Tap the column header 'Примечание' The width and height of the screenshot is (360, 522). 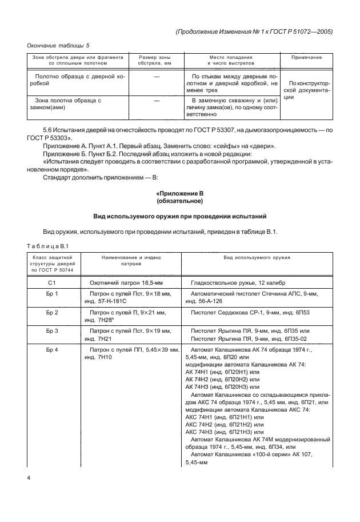pyautogui.click(x=306, y=58)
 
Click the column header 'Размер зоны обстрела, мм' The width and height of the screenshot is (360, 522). pyautogui.click(x=154, y=61)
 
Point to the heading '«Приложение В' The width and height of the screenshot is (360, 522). pyautogui.click(x=180, y=194)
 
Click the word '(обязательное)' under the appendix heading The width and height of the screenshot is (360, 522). pyautogui.click(x=180, y=202)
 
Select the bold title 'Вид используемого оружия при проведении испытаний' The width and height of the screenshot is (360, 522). pyautogui.click(x=180, y=217)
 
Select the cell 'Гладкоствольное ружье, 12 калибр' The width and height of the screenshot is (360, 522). pyautogui.click(x=242, y=283)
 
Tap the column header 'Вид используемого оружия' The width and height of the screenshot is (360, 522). pyautogui.click(x=257, y=258)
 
